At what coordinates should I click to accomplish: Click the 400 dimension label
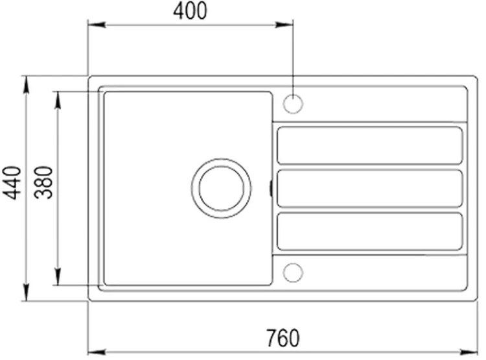(x=190, y=11)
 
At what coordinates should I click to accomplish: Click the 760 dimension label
(x=283, y=338)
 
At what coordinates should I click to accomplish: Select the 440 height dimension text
(x=12, y=183)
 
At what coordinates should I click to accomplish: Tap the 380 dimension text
(x=43, y=183)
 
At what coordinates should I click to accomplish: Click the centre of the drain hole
(x=221, y=188)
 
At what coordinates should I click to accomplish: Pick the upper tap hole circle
(x=293, y=103)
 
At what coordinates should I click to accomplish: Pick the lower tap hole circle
(x=293, y=272)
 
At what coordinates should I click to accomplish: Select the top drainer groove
(x=370, y=145)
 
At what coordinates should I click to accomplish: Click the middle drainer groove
(x=370, y=188)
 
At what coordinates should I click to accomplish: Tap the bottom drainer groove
(x=370, y=231)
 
